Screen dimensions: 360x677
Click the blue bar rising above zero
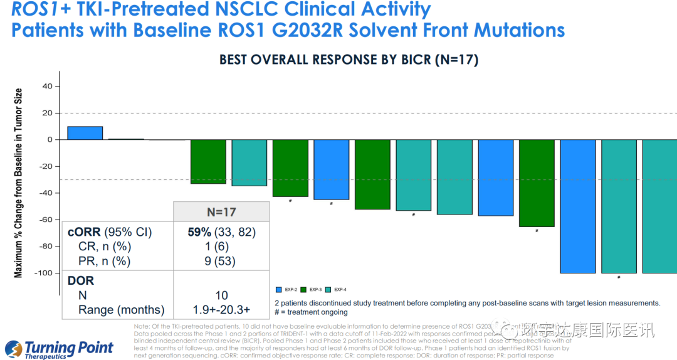click(x=85, y=133)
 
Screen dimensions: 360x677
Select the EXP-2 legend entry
click(x=288, y=290)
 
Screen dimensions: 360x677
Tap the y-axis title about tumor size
click(x=19, y=183)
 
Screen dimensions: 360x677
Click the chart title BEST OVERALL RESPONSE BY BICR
click(x=349, y=60)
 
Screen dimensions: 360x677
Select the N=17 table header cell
click(x=221, y=212)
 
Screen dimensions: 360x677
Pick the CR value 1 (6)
click(x=221, y=246)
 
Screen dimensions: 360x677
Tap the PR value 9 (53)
click(x=221, y=261)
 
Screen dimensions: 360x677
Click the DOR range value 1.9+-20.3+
click(x=221, y=309)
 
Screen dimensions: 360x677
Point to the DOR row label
click(x=81, y=280)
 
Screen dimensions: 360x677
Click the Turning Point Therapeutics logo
click(x=60, y=349)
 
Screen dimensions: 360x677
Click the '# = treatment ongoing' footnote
click(x=311, y=312)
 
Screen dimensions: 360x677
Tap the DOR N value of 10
click(x=221, y=295)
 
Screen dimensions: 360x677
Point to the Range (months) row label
click(x=121, y=309)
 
